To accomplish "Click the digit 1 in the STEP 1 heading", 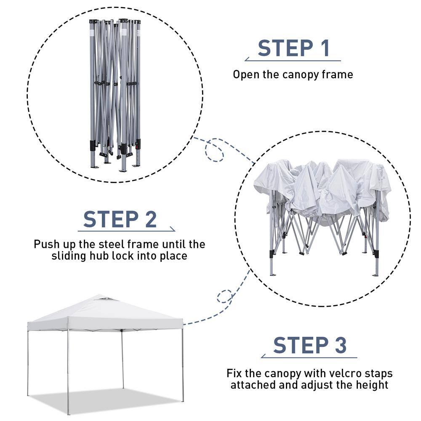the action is pyautogui.click(x=326, y=48).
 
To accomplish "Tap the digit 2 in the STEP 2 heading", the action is pyautogui.click(x=151, y=219).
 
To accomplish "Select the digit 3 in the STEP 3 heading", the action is pyautogui.click(x=341, y=345).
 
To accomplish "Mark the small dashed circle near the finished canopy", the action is pyautogui.click(x=224, y=297).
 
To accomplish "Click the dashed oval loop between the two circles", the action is pyautogui.click(x=215, y=150).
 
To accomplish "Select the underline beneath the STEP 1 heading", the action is pyautogui.click(x=293, y=60).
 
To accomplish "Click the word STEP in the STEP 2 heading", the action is pyautogui.click(x=111, y=219).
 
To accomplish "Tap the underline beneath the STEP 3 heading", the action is pyautogui.click(x=309, y=357).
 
